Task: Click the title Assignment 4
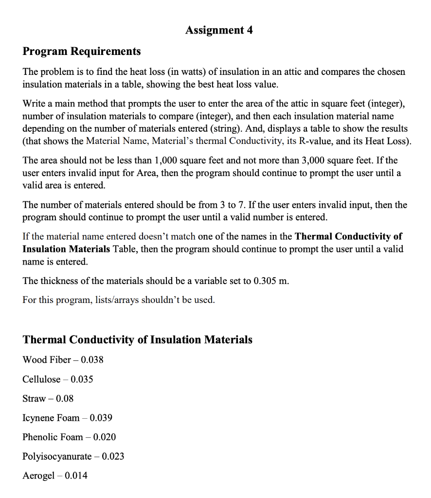(219, 30)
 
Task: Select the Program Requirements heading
(82, 51)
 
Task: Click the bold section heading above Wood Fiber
(138, 339)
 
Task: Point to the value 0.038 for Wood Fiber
(92, 360)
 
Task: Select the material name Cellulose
(41, 379)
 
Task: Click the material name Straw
(34, 398)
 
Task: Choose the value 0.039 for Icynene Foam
(101, 418)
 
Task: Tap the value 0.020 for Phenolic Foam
(105, 437)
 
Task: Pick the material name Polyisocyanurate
(57, 456)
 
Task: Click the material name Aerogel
(38, 476)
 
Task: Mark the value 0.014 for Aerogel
(76, 476)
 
